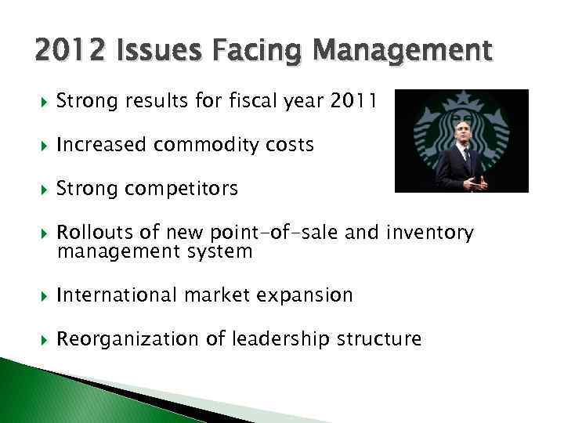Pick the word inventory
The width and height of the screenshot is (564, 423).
[434, 233]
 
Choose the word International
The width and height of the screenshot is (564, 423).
[118, 295]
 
